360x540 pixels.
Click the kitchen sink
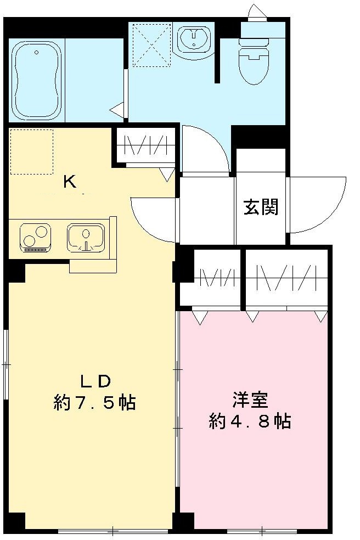(85, 238)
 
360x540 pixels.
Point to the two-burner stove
(35, 238)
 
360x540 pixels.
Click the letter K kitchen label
(69, 182)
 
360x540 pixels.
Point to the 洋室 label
(250, 400)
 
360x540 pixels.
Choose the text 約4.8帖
(250, 421)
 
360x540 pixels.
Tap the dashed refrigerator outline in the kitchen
(32, 152)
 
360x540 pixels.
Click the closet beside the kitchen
(146, 146)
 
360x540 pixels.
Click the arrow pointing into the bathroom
(117, 109)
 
